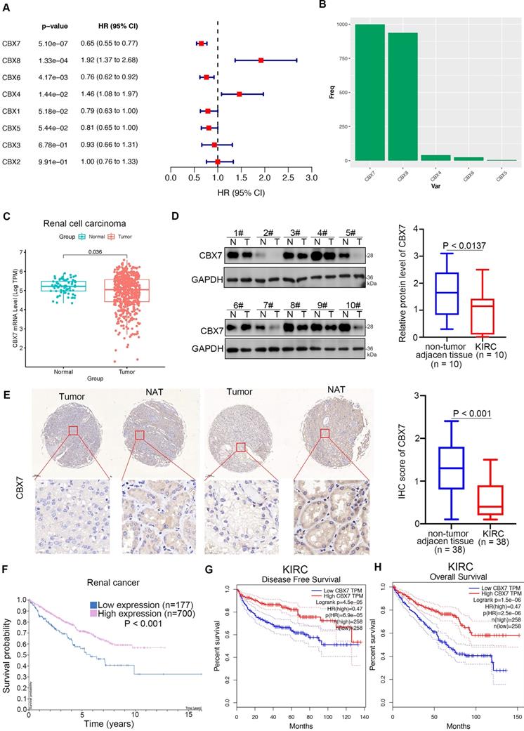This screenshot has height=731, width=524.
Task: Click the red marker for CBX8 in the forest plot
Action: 261,60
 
